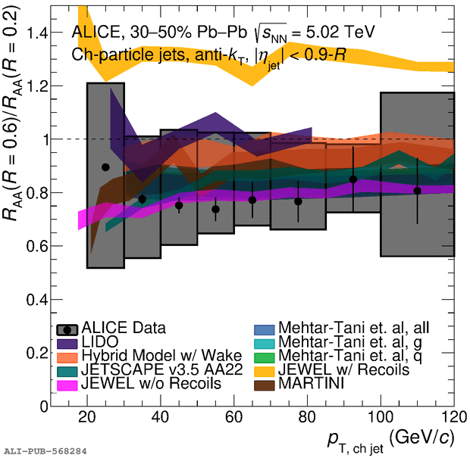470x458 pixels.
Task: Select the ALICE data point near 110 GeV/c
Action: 417,191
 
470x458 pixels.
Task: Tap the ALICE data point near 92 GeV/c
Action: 352,179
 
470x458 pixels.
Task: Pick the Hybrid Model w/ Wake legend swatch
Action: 68,356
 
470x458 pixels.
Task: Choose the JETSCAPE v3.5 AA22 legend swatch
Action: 68,369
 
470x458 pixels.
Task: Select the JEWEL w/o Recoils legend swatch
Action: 68,383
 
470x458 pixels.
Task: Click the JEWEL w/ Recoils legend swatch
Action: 265,369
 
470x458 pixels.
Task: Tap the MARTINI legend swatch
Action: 265,383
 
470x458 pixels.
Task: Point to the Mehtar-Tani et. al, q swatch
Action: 265,356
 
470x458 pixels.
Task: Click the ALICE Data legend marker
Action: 68,329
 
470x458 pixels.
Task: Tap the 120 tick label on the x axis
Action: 452,418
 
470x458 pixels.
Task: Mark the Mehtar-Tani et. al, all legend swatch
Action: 265,329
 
